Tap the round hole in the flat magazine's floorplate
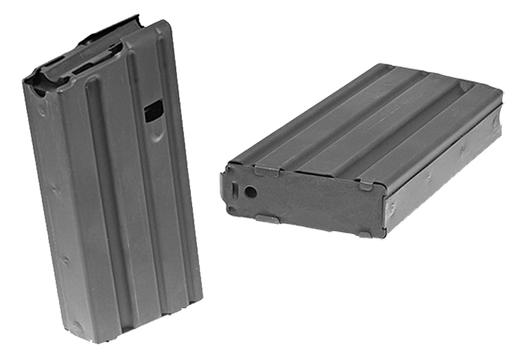tap(250, 192)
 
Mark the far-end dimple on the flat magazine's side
tap(495, 122)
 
